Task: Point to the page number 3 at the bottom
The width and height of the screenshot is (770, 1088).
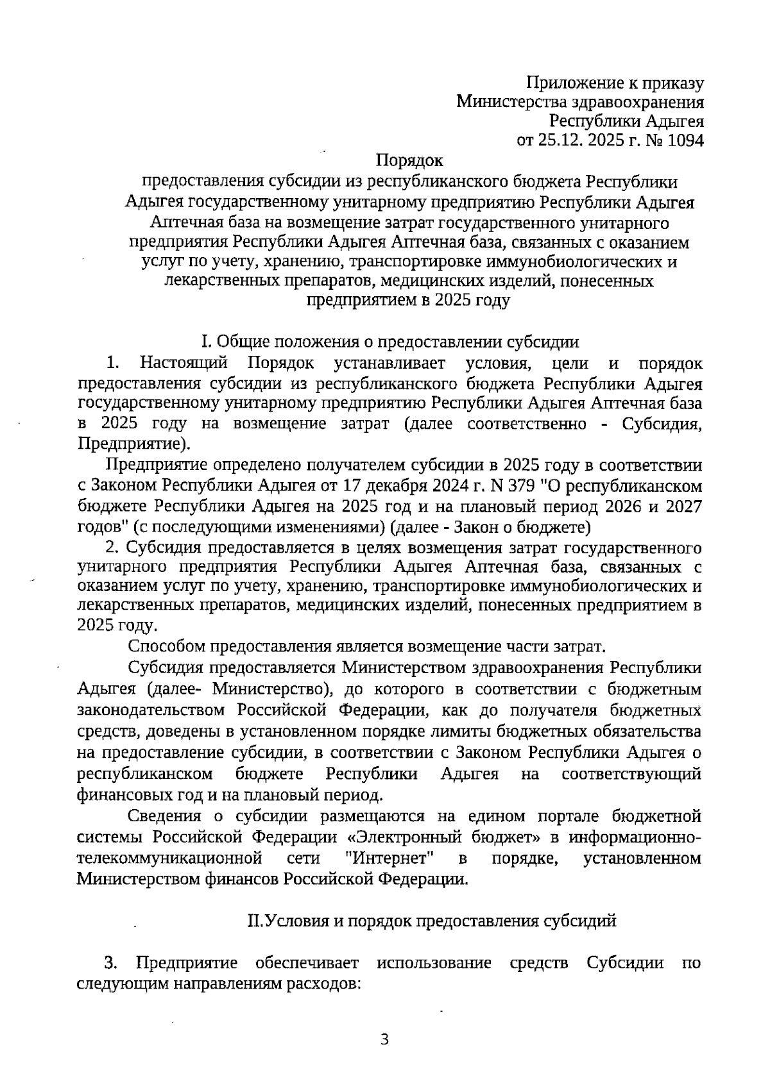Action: click(384, 1039)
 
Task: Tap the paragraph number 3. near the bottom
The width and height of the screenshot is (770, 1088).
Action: click(111, 964)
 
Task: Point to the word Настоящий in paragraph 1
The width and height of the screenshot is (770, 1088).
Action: click(184, 364)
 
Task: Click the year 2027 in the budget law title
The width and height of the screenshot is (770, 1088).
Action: click(684, 506)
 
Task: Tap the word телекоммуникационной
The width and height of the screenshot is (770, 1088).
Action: click(170, 858)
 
